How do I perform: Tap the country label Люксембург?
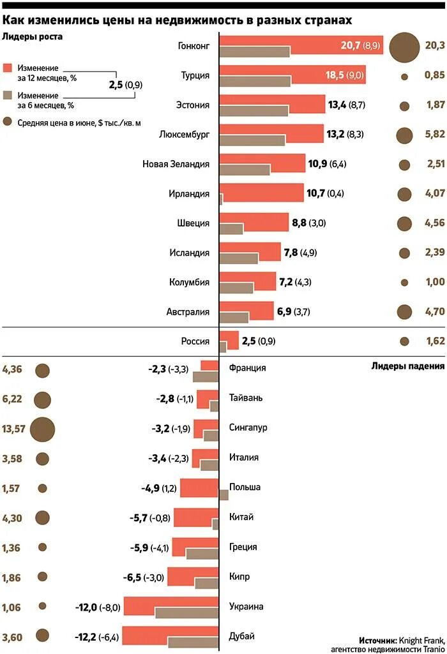click(x=185, y=135)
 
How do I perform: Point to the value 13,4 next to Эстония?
click(x=337, y=105)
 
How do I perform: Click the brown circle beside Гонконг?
click(x=404, y=47)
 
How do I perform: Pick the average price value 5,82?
click(x=434, y=135)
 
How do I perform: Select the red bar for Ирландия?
click(x=261, y=193)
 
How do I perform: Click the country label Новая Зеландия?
click(x=176, y=164)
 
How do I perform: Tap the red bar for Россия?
click(x=229, y=340)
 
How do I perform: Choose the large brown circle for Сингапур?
click(x=42, y=429)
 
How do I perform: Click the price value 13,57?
click(x=13, y=429)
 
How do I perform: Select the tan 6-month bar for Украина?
click(x=186, y=613)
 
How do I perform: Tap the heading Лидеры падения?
click(x=407, y=366)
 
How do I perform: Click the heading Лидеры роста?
click(x=32, y=36)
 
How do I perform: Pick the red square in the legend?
click(x=8, y=68)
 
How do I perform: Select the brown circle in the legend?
click(x=8, y=122)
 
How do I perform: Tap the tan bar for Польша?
click(x=223, y=494)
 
